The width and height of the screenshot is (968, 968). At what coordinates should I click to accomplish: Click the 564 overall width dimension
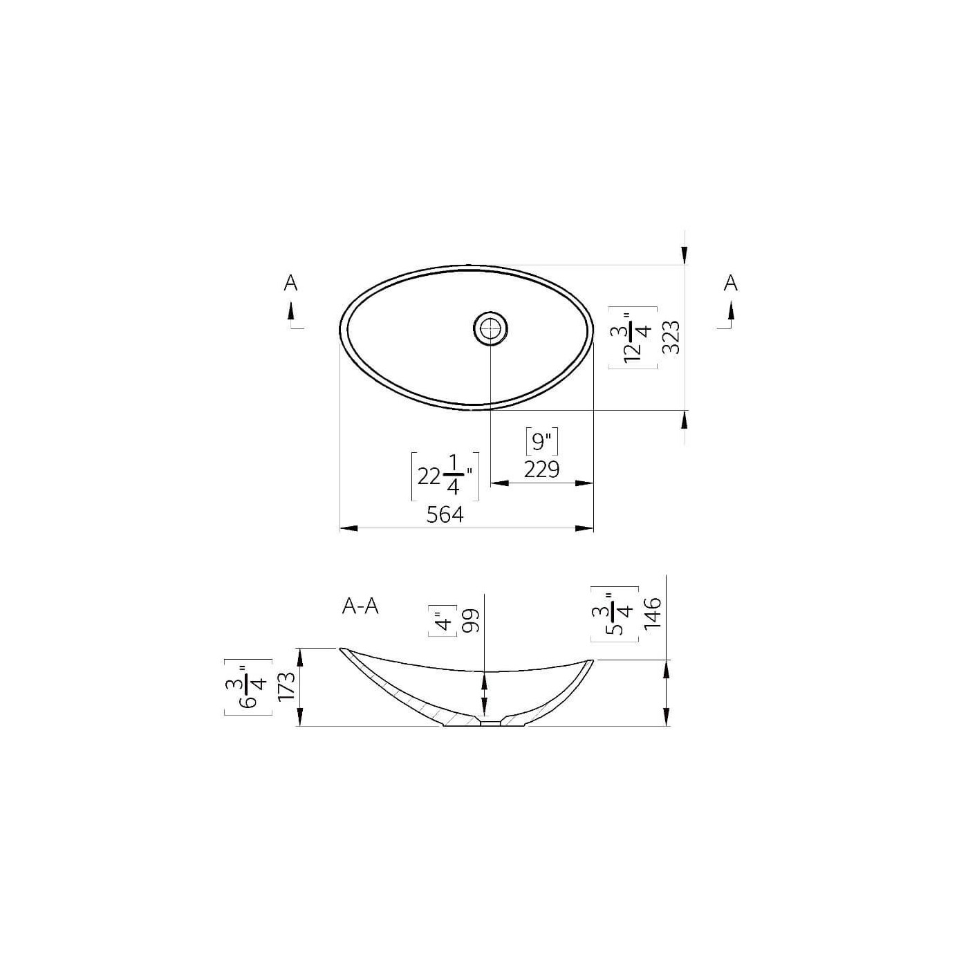point(445,514)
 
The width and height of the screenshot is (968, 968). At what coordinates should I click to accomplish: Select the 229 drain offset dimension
point(541,469)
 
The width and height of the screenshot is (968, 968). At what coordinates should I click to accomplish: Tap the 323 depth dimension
point(671,337)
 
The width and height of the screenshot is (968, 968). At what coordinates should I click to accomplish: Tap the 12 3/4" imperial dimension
point(633,337)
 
